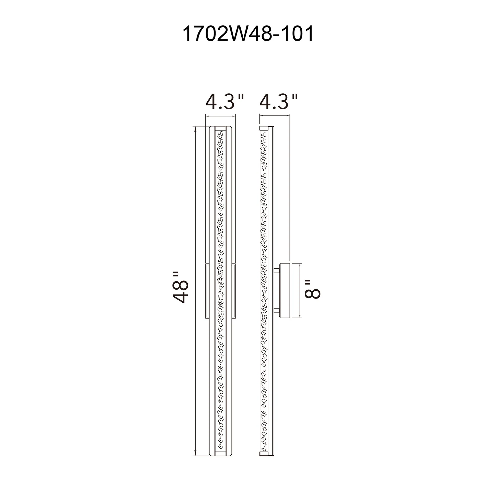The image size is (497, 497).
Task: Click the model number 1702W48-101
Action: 248,34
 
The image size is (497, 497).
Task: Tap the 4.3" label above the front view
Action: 224,102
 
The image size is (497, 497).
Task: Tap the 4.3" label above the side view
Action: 279,102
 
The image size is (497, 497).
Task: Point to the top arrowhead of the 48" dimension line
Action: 196,129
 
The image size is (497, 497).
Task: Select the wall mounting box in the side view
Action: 285,290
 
